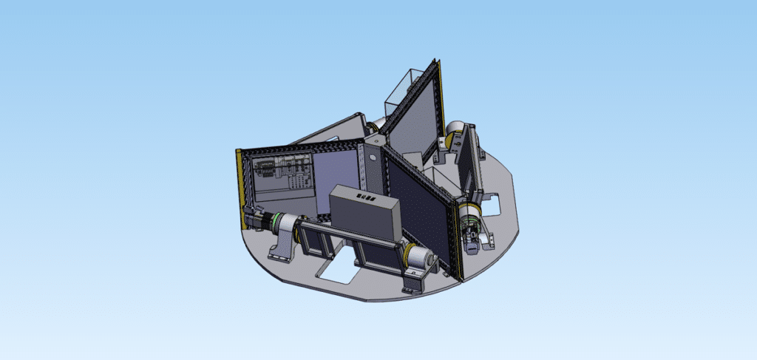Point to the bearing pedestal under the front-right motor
click(415, 281)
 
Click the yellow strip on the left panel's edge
click(240, 181)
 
